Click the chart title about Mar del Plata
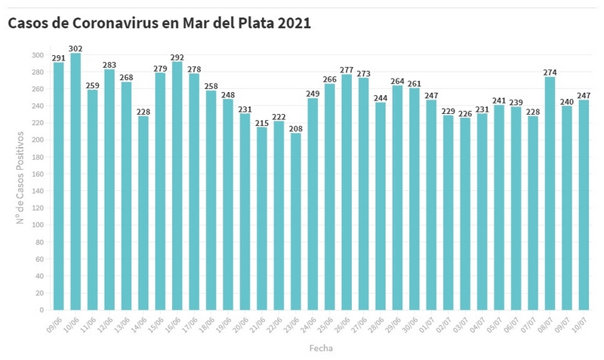[159, 23]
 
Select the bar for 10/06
[75, 181]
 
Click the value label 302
[75, 49]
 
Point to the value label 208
[295, 129]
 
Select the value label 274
[550, 73]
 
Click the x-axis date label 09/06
[54, 322]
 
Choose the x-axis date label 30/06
[408, 322]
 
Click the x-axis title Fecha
[321, 349]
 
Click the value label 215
[262, 123]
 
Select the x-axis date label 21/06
[257, 322]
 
